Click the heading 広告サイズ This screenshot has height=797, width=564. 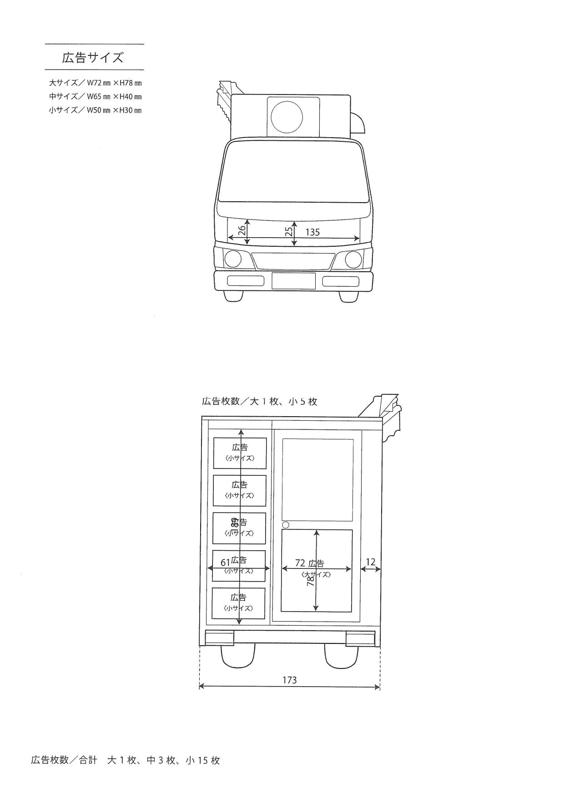pos(93,58)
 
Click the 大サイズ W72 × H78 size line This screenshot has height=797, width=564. pos(95,83)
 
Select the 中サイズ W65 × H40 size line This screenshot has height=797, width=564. pos(95,97)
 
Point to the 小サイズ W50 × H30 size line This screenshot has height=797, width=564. pos(95,110)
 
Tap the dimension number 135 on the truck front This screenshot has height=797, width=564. pos(312,232)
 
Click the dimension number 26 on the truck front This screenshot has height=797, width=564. pos(242,230)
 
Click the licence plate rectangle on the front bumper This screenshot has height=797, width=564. pos(293,281)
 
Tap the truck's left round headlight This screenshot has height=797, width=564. pos(233,259)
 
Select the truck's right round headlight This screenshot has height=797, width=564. pos(353,259)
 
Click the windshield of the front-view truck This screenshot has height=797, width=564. pos(293,172)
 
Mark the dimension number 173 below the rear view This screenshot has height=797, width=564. pos(289,680)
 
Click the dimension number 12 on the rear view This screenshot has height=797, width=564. pos(371,562)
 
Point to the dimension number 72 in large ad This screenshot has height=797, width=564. pos(300,563)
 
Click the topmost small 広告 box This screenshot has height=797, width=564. pos(240,453)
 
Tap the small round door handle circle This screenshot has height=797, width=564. pos(286,525)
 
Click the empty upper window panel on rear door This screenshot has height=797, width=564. pos(317,479)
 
